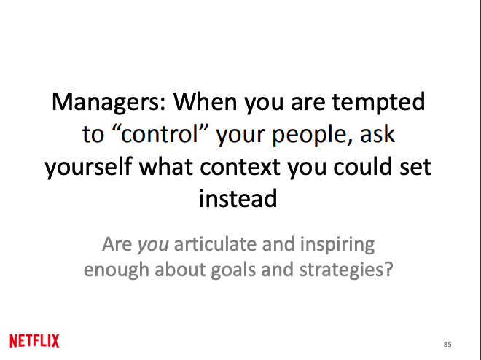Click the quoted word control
tap(157, 134)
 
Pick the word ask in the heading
tap(382, 134)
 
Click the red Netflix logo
tap(34, 340)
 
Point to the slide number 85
tap(447, 343)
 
